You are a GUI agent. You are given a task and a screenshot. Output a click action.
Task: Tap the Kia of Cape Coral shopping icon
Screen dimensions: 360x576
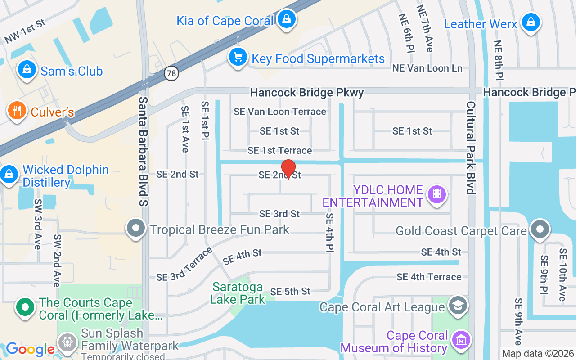click(x=286, y=19)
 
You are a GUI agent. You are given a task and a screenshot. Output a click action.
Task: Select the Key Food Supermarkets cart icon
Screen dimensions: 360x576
click(x=238, y=57)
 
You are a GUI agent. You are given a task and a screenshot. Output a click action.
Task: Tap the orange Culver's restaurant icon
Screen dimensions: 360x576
click(x=17, y=110)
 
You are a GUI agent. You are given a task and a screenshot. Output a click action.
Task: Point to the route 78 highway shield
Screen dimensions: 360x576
click(x=171, y=73)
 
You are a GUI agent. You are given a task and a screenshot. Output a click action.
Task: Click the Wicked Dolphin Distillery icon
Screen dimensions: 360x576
click(x=9, y=174)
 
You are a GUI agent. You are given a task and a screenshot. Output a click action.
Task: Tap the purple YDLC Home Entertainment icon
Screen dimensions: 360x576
click(x=436, y=194)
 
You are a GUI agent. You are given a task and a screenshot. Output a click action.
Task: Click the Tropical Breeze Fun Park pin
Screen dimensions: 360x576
click(x=135, y=229)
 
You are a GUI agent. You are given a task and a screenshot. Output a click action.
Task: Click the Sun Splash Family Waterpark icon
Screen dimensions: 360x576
click(x=68, y=341)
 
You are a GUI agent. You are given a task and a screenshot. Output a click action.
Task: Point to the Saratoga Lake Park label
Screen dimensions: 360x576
click(x=238, y=292)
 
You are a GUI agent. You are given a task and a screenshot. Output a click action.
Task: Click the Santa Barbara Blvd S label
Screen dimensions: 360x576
click(x=144, y=151)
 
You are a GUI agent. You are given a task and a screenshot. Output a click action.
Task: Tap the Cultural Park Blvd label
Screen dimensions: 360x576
click(x=471, y=148)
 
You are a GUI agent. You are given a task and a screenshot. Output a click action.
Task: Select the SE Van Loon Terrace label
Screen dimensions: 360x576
click(x=280, y=112)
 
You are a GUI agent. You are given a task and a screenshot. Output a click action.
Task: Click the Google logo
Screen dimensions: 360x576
click(x=30, y=349)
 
